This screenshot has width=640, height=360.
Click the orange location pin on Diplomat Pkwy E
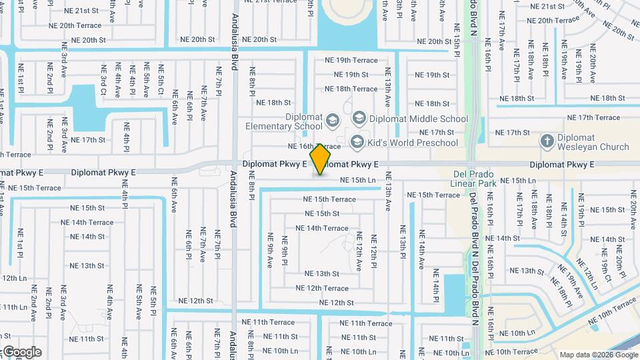[321, 159]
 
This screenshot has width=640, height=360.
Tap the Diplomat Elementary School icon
[333, 121]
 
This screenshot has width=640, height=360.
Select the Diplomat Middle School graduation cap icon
[359, 119]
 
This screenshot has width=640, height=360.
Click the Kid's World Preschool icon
[357, 142]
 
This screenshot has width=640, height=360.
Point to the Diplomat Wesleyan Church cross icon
[547, 141]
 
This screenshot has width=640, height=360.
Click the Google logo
[21, 352]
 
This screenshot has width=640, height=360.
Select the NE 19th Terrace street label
[351, 60]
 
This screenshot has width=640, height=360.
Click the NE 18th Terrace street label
[351, 89]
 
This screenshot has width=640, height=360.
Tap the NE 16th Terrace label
[314, 146]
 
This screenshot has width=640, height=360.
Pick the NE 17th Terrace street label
[589, 118]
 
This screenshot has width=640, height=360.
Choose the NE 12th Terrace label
[327, 288]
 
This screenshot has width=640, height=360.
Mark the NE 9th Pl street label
[285, 251]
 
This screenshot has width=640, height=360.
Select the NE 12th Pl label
[373, 248]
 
